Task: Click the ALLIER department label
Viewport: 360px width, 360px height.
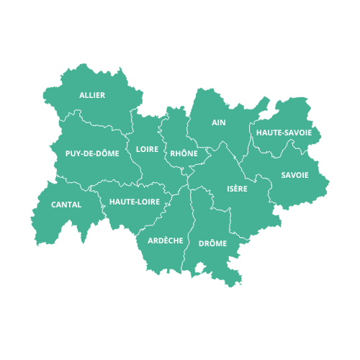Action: click(92, 95)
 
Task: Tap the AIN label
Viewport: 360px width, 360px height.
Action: click(219, 122)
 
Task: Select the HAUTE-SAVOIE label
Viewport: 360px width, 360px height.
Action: click(284, 132)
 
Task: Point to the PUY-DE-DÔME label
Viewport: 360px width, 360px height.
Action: click(92, 153)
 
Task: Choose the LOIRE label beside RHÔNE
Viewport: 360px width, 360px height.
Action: click(147, 150)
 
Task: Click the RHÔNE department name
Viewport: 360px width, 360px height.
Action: click(184, 153)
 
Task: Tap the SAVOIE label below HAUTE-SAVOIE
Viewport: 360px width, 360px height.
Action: click(295, 175)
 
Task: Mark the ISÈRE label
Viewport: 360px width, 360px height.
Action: click(237, 189)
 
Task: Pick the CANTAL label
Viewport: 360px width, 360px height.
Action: click(66, 204)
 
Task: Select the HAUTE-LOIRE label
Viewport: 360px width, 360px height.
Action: click(135, 202)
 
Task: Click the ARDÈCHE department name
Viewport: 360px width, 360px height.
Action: click(165, 240)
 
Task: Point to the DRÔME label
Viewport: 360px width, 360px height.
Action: click(212, 243)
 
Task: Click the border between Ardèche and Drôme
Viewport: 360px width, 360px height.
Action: click(190, 230)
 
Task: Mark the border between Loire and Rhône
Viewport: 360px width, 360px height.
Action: click(163, 144)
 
